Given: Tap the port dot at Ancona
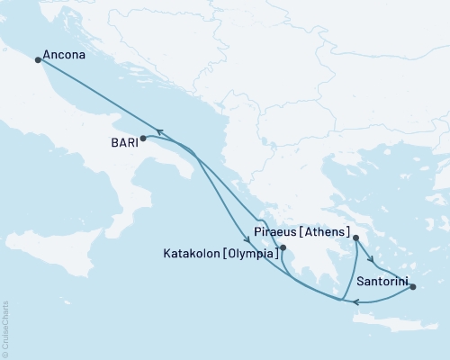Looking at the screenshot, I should tap(38, 60).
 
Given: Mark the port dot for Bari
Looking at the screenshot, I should tap(143, 138).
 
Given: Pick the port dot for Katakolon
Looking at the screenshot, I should tap(283, 247).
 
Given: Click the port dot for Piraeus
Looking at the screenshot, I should tap(356, 238).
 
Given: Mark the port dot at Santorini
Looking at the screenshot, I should tap(413, 287).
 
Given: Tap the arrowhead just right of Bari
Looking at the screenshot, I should tap(158, 132).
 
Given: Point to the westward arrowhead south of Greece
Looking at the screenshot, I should tap(355, 302).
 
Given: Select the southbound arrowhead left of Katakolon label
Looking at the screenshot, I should tap(246, 238).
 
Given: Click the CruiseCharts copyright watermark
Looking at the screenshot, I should tap(5, 328).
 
